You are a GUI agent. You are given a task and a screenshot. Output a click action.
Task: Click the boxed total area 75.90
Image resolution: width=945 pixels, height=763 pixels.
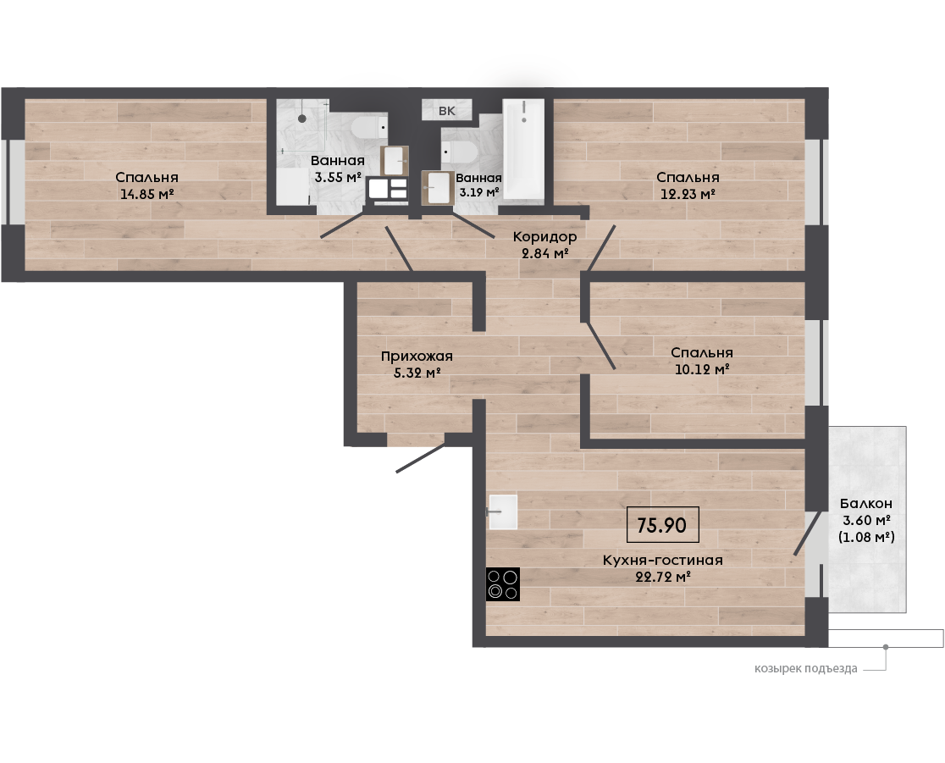tap(662, 525)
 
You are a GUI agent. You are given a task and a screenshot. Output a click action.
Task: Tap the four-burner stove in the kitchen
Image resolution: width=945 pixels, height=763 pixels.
tap(503, 584)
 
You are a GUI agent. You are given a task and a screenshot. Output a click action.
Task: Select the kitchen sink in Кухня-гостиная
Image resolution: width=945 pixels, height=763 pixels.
tap(503, 511)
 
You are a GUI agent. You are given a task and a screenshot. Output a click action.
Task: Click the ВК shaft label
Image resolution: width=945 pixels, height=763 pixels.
tap(446, 111)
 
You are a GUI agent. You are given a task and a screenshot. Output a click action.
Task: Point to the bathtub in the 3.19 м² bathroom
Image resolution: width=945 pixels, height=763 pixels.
tap(523, 149)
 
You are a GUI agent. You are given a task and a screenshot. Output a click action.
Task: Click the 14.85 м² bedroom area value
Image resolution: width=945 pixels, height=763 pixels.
tap(147, 194)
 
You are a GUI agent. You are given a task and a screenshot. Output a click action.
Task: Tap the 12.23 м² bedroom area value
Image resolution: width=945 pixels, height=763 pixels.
tap(688, 194)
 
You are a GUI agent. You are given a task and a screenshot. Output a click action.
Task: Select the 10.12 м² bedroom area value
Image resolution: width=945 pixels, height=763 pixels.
tap(702, 369)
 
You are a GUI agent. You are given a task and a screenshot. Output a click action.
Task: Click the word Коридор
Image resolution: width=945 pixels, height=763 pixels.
tap(544, 237)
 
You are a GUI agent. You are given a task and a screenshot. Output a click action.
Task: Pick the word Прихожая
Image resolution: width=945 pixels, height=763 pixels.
tap(417, 357)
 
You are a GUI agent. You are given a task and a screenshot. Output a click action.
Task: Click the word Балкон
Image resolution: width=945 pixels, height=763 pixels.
tap(866, 503)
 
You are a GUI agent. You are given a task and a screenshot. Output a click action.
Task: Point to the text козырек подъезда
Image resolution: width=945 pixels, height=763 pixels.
tap(806, 668)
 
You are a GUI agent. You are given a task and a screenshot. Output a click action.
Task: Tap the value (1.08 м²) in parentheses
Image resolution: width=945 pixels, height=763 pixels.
tap(866, 536)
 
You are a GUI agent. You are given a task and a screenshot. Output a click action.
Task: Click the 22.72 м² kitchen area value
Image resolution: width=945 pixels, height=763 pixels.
tap(663, 577)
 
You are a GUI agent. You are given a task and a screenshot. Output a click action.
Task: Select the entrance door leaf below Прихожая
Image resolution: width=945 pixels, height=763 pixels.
tap(421, 458)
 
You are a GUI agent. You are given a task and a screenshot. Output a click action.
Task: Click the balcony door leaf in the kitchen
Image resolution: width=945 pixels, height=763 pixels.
tap(807, 533)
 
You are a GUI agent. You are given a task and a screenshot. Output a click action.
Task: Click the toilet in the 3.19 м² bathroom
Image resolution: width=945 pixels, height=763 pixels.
tap(459, 152)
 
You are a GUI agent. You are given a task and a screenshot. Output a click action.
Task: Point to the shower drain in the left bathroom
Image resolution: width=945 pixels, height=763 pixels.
tap(302, 119)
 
